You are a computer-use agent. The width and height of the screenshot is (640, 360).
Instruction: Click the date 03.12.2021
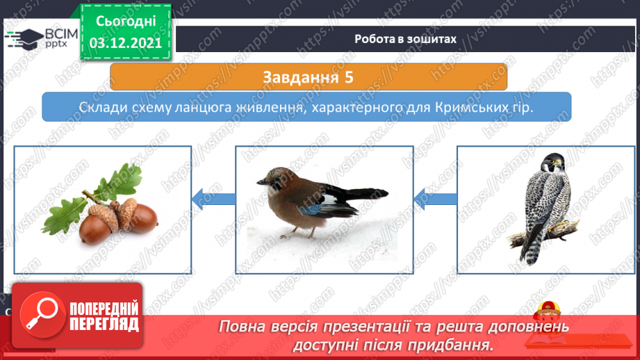[126, 43]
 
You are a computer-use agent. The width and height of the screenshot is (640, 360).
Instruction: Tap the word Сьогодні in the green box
[126, 22]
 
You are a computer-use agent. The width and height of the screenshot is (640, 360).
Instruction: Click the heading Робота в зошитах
[405, 39]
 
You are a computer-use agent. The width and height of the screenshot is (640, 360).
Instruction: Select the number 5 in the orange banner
[349, 77]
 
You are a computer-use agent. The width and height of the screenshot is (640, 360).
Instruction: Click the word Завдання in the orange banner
[301, 77]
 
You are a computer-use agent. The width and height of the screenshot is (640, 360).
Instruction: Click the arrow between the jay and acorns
[213, 199]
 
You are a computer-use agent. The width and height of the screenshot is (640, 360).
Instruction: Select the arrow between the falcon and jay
[435, 199]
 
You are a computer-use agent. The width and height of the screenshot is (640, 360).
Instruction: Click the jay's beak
[261, 181]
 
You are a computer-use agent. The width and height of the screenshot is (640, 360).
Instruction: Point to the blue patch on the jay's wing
[309, 210]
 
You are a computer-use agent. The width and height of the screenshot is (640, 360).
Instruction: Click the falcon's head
[552, 163]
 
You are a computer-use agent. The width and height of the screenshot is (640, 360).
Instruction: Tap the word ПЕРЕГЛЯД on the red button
[104, 325]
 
